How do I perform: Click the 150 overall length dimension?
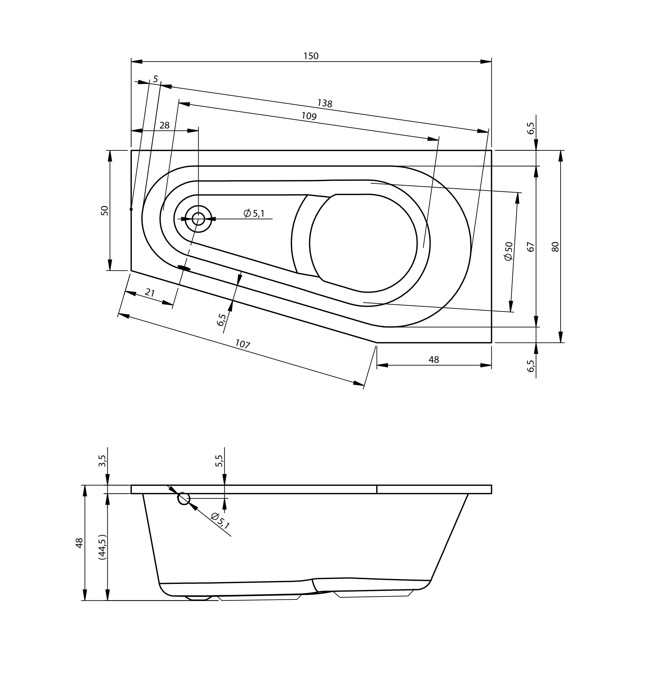tap(311, 56)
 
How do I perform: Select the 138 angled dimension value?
tap(324, 103)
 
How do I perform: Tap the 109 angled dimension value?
tap(309, 116)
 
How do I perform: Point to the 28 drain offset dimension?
tap(164, 125)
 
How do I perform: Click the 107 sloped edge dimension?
tap(242, 344)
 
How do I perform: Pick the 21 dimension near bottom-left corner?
tap(150, 292)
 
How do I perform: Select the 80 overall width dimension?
tap(555, 247)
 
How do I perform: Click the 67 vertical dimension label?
tap(530, 247)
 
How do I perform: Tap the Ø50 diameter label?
tap(508, 251)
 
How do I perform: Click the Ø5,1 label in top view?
tap(254, 213)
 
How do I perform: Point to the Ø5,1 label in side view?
tap(220, 521)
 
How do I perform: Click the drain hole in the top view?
tap(198, 219)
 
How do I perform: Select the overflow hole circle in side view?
tap(183, 498)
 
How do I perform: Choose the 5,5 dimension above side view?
tap(219, 461)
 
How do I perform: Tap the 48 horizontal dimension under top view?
tap(434, 360)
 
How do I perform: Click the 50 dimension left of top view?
tap(105, 211)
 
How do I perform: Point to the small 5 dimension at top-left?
tap(156, 79)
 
